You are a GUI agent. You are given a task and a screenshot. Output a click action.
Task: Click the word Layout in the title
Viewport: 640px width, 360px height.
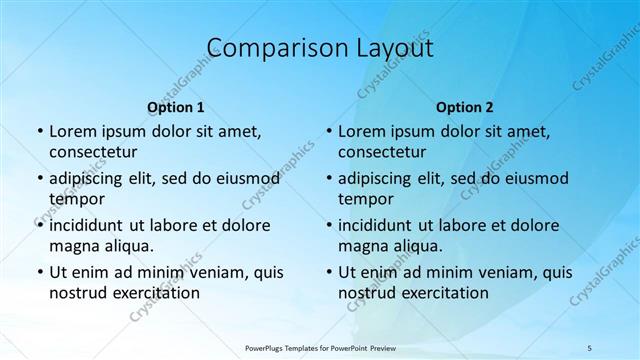coord(393,47)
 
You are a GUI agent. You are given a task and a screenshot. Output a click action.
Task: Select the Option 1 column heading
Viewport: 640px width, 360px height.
coord(176,107)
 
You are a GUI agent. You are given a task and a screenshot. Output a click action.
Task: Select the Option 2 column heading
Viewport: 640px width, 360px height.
coord(465,107)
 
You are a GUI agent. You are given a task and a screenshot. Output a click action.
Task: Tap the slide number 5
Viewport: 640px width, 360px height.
coord(590,347)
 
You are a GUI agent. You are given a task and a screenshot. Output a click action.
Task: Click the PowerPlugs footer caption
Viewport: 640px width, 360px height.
coord(319,347)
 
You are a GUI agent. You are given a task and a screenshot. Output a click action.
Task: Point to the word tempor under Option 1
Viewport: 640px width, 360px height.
coord(76,199)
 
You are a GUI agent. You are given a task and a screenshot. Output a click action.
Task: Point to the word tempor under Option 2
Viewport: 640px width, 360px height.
coord(366,199)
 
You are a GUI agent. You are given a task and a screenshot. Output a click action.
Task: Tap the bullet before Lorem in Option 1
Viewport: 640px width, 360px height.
coord(39,132)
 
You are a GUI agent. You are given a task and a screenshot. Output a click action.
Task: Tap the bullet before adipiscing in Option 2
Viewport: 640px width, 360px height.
coord(329,179)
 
